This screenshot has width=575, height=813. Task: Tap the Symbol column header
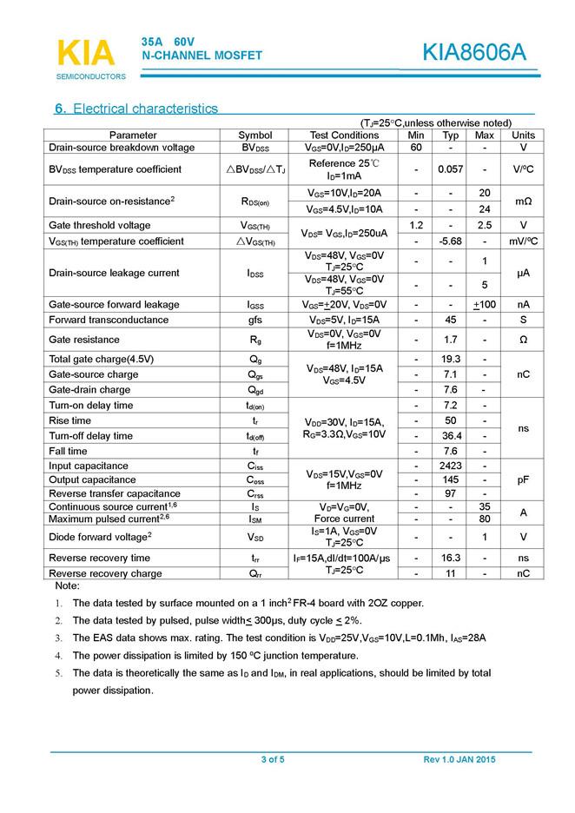coord(255,135)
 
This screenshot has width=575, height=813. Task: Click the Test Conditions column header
coord(344,135)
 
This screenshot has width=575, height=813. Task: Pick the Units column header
coord(523,135)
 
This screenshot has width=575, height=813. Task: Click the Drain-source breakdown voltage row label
coord(122,148)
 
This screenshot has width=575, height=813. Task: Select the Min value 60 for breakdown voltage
coord(416,148)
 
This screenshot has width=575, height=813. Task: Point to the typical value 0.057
coord(451,169)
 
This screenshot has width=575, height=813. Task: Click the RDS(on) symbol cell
coord(255,202)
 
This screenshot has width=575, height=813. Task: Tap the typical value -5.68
coord(451,241)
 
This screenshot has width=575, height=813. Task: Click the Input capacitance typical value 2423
coord(451,466)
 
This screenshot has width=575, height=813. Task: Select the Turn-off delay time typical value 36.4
coord(451,435)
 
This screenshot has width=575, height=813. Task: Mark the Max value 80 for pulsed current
coord(485,519)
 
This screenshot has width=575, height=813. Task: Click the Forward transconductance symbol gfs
coord(255,320)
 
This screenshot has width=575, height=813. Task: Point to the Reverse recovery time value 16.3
coord(451,558)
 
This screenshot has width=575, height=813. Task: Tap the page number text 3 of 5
coord(273,760)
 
